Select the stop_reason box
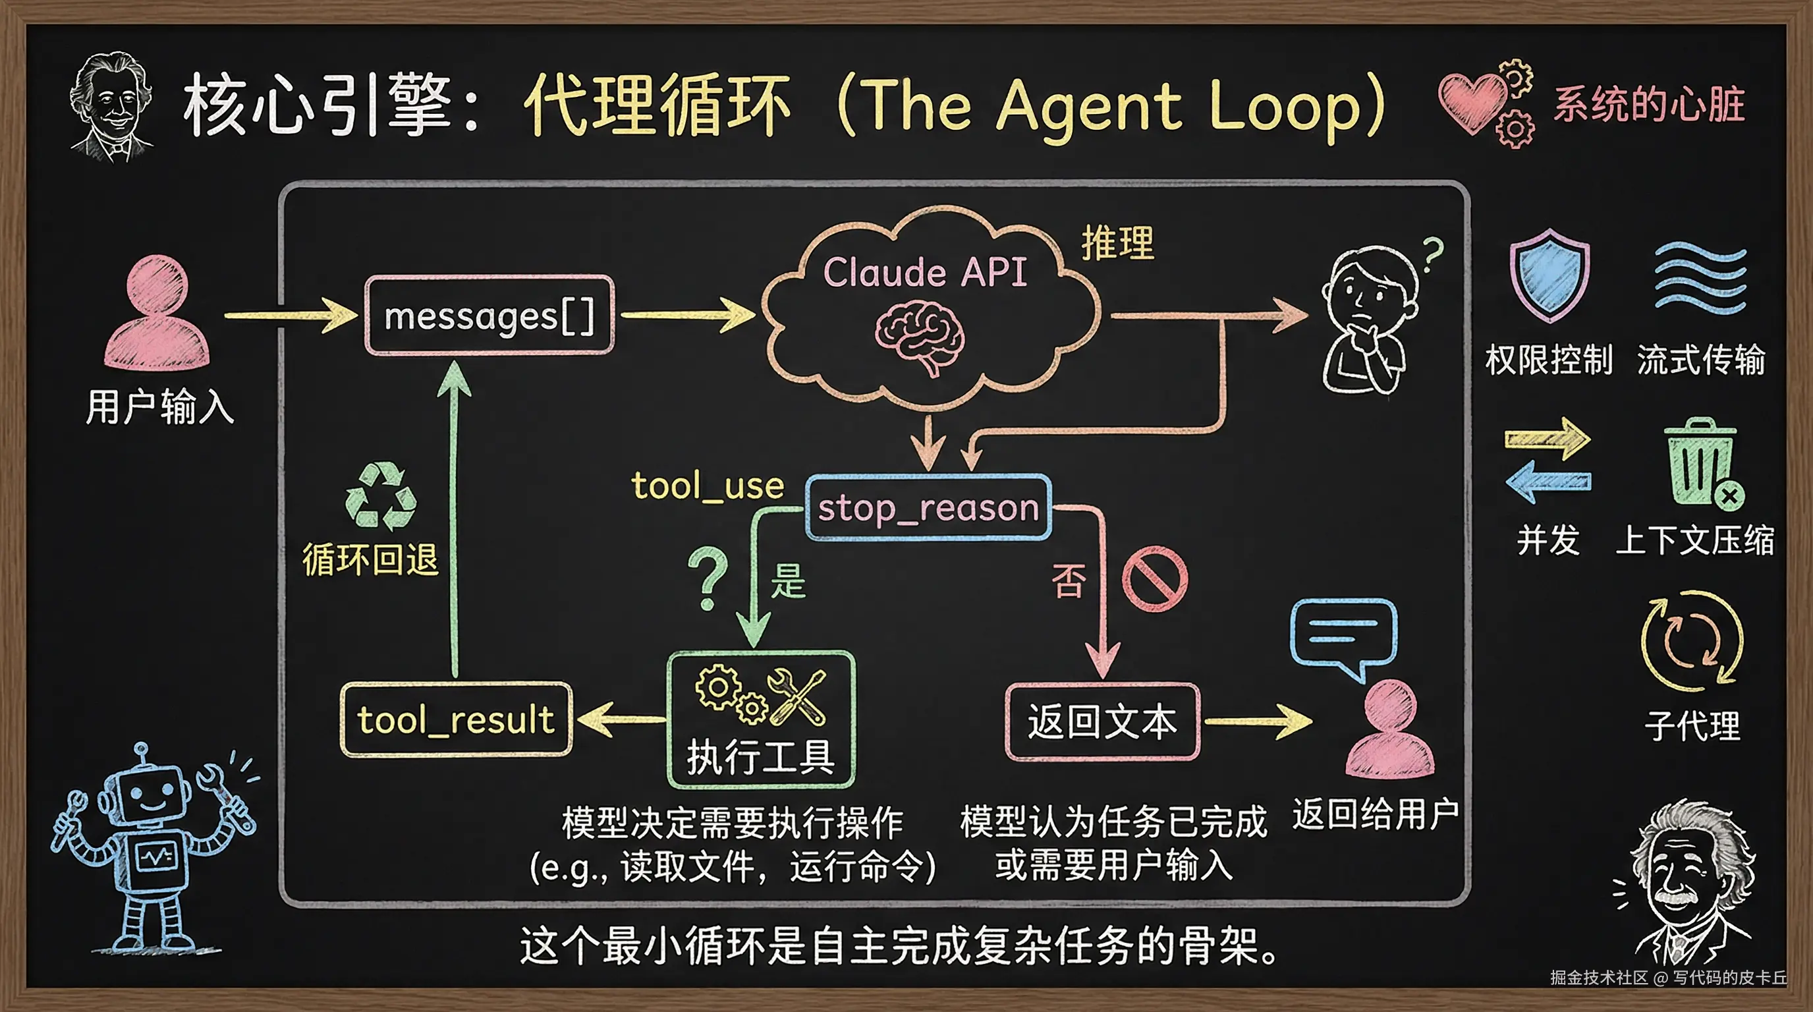[x=928, y=507]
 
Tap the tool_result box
[x=456, y=719]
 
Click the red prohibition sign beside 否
[x=1154, y=578]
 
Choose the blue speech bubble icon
[x=1343, y=634]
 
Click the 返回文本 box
[x=1102, y=722]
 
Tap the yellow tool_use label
[x=708, y=486]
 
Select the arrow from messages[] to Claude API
[x=687, y=314]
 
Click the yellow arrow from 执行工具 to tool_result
[x=619, y=719]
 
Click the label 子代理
[x=1692, y=725]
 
